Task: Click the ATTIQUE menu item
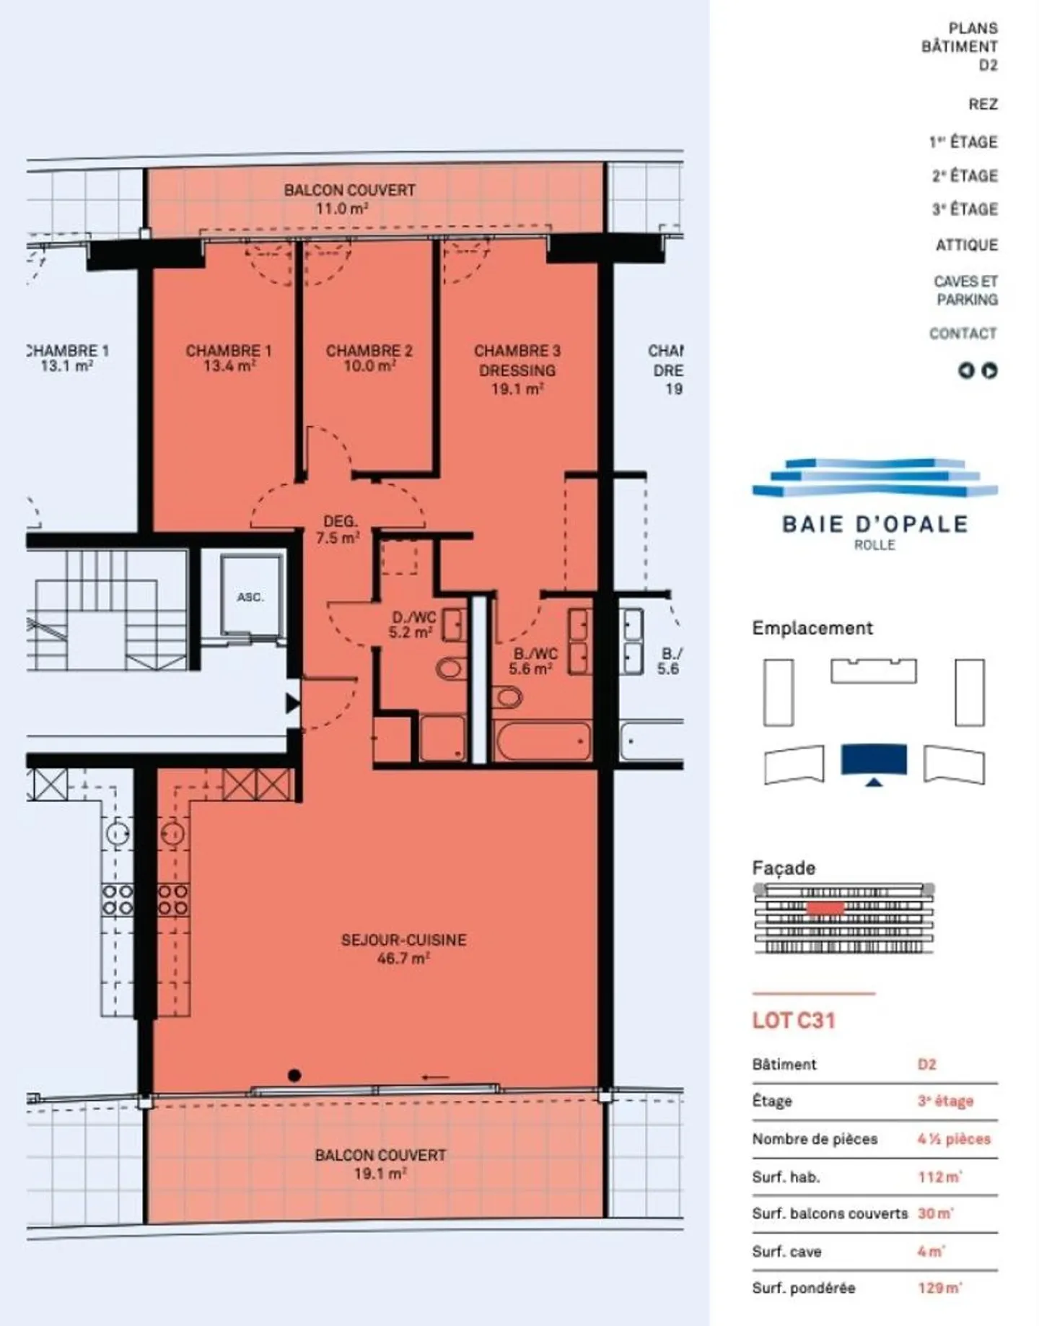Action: click(x=966, y=245)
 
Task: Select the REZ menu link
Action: click(x=983, y=105)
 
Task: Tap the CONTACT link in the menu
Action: click(x=963, y=334)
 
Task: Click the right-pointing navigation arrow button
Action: click(x=990, y=371)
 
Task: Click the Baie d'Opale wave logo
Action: click(x=874, y=478)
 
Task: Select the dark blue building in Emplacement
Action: click(x=874, y=760)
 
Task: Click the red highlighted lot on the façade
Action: click(x=825, y=907)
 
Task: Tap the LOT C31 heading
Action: click(x=793, y=1021)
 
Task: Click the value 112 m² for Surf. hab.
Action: click(x=939, y=1177)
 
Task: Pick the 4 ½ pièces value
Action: click(x=953, y=1139)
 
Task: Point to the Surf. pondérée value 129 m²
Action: click(x=939, y=1288)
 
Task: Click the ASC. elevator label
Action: click(x=250, y=598)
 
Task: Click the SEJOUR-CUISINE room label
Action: click(x=403, y=941)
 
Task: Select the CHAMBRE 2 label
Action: click(x=369, y=351)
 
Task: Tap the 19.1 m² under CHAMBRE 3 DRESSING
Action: click(x=517, y=390)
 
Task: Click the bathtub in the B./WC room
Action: click(x=543, y=741)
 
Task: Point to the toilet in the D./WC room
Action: click(x=450, y=668)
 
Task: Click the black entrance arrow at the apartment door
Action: click(x=291, y=703)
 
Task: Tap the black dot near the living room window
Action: click(x=294, y=1076)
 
